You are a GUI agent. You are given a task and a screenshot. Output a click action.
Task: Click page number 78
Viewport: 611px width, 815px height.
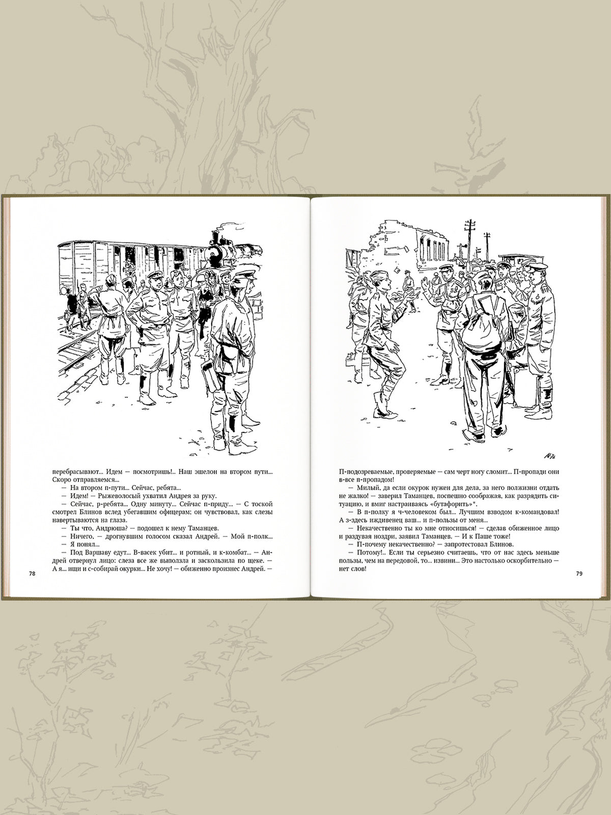[x=32, y=574]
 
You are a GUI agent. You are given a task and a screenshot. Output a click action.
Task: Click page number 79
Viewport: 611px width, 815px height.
[x=579, y=574]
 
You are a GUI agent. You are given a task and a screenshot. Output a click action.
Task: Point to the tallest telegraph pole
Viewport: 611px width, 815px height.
[x=470, y=241]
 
